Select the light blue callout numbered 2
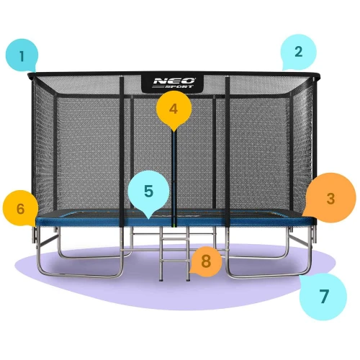(298, 52)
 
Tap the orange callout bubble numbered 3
(330, 198)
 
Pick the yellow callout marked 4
(172, 109)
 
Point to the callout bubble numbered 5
(148, 192)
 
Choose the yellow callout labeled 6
(21, 208)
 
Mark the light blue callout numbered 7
(323, 296)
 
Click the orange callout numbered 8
(206, 261)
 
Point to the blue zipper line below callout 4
(173, 173)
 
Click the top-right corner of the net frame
(315, 76)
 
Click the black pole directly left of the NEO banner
(122, 144)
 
